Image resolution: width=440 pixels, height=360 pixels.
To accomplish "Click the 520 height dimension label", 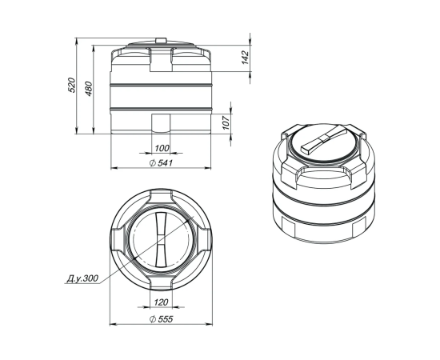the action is click(72, 85).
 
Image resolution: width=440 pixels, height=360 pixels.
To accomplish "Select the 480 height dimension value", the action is click(88, 89).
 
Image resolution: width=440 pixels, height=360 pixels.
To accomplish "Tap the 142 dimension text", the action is click(246, 58).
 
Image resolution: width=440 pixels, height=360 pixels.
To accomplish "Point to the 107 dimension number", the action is click(226, 122).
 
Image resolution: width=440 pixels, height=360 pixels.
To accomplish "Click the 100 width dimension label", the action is click(162, 148).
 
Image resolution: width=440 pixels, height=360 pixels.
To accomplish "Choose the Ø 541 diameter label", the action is click(161, 163).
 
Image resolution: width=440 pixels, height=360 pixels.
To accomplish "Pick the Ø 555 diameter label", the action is click(162, 319).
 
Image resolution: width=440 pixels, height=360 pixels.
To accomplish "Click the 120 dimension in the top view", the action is click(161, 302).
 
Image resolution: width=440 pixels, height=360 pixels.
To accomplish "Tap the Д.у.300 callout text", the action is click(82, 278).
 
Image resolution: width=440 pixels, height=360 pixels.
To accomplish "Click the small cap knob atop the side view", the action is click(161, 41).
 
